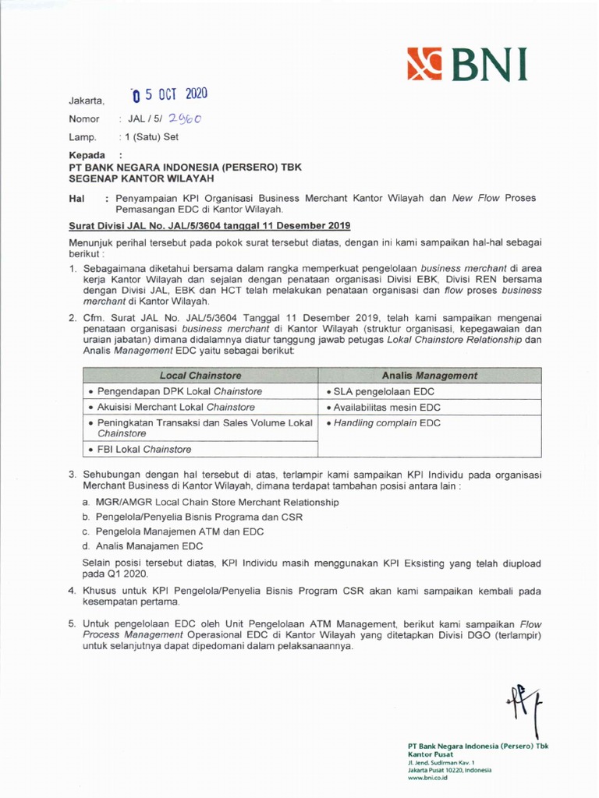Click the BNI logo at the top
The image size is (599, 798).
(x=466, y=65)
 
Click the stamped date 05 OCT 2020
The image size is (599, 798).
(x=170, y=95)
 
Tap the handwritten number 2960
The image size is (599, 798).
(x=183, y=118)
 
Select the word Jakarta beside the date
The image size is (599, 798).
(x=86, y=101)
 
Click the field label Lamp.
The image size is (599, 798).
(x=83, y=137)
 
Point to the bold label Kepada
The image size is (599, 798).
(x=87, y=156)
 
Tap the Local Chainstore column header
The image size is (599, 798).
(x=200, y=376)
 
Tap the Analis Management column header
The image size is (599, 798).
(x=429, y=376)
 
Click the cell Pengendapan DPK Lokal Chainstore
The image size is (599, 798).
(x=176, y=391)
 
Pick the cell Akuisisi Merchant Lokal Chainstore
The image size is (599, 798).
(x=172, y=407)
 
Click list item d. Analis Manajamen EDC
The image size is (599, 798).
(x=143, y=546)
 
